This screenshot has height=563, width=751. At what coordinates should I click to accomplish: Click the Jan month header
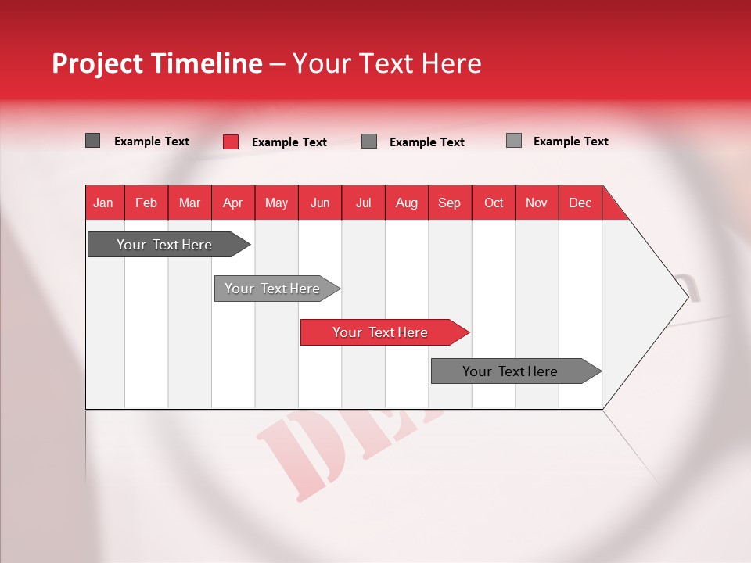[103, 203]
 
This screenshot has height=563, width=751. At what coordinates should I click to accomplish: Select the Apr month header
[233, 203]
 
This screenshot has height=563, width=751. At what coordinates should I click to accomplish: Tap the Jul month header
[363, 203]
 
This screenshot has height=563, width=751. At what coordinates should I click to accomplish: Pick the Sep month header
[449, 203]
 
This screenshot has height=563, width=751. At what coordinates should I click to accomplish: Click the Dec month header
[580, 203]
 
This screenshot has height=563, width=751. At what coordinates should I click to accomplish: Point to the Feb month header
[146, 203]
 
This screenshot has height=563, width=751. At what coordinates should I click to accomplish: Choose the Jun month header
[320, 203]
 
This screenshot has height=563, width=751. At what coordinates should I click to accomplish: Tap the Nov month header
[537, 203]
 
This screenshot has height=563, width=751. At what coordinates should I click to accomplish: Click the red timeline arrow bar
[380, 332]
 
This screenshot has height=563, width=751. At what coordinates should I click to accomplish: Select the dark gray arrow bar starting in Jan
[164, 245]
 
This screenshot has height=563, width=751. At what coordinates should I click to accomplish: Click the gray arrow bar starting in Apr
[272, 289]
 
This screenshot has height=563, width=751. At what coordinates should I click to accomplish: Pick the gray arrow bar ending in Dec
[510, 371]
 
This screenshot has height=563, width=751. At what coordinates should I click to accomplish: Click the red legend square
[231, 142]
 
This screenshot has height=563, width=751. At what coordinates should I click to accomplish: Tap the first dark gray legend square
[93, 141]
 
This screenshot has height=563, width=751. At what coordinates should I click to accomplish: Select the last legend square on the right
[514, 141]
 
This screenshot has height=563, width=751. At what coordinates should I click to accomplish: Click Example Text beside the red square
[289, 142]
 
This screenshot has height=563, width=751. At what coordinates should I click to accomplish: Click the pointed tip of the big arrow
[686, 296]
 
